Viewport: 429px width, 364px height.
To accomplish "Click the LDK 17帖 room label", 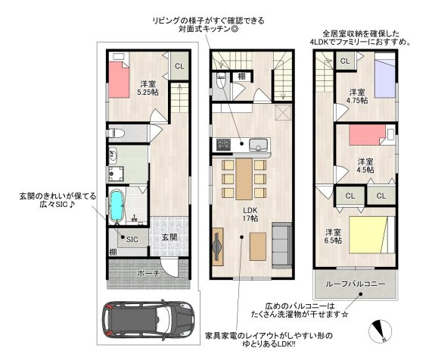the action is tap(250, 215).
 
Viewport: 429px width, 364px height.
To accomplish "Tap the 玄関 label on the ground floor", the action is tap(169, 237).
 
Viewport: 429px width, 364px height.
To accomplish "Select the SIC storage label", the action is tap(132, 240).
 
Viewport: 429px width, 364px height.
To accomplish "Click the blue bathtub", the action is tap(117, 206).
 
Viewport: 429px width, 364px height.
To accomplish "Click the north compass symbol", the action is tap(380, 331).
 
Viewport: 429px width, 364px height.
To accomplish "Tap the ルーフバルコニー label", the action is tap(356, 284).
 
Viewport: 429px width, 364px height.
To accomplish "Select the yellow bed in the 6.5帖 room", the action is tap(368, 235).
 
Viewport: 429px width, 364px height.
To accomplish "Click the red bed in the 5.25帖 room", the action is tap(119, 80).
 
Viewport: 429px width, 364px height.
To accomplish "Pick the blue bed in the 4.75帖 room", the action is tap(385, 79).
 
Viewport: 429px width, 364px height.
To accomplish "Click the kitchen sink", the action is tap(258, 145).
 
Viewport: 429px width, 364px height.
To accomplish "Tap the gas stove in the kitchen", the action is tap(223, 145).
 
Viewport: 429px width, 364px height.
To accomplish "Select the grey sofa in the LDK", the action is tap(281, 246).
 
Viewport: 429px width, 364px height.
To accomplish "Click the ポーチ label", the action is tap(148, 273).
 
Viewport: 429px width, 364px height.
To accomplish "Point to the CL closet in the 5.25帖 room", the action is tap(179, 66).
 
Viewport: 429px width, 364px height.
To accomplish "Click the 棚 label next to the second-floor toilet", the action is tap(241, 76).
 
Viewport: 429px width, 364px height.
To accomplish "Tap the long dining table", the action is tap(244, 179).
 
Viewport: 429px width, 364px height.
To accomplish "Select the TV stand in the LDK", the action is tap(218, 246).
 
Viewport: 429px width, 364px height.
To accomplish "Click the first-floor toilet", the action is tap(116, 133).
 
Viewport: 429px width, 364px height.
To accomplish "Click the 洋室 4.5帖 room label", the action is tap(365, 165).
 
